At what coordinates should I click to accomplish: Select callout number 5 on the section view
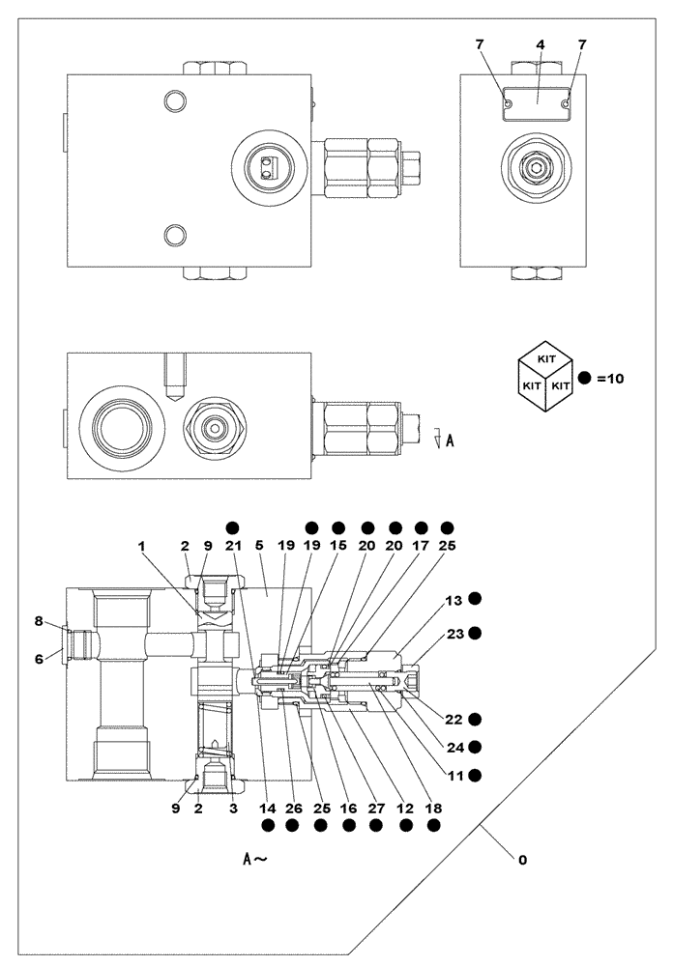(259, 546)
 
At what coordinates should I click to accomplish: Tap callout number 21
(233, 546)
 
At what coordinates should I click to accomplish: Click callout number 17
(422, 546)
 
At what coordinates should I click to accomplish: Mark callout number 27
(375, 809)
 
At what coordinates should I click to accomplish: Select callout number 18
(434, 809)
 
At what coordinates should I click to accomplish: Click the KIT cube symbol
(545, 379)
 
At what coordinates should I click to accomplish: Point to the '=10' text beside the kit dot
(610, 379)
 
